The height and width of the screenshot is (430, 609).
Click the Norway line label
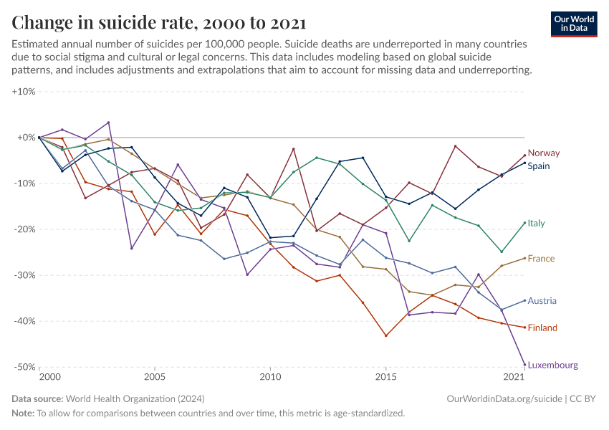pyautogui.click(x=544, y=153)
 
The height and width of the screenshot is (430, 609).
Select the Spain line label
pyautogui.click(x=539, y=166)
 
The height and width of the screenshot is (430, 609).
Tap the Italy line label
pyautogui.click(x=536, y=223)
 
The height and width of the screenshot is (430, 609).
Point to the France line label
pyautogui.click(x=541, y=259)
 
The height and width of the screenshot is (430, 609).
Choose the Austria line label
pyautogui.click(x=542, y=301)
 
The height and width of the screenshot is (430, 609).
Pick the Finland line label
pyautogui.click(x=542, y=328)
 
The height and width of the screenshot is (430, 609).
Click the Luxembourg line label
pyautogui.click(x=552, y=365)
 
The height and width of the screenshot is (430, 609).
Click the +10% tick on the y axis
pyautogui.click(x=24, y=92)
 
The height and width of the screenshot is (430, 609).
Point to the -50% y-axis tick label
pyautogui.click(x=24, y=367)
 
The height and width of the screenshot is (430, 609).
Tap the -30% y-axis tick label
pyautogui.click(x=24, y=275)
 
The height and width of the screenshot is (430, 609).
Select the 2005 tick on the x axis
pyautogui.click(x=154, y=377)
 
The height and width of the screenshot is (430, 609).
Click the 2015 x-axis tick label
pyautogui.click(x=386, y=377)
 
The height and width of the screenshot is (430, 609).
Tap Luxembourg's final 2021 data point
pyautogui.click(x=525, y=364)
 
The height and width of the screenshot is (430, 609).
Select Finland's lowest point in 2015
pyautogui.click(x=386, y=335)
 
